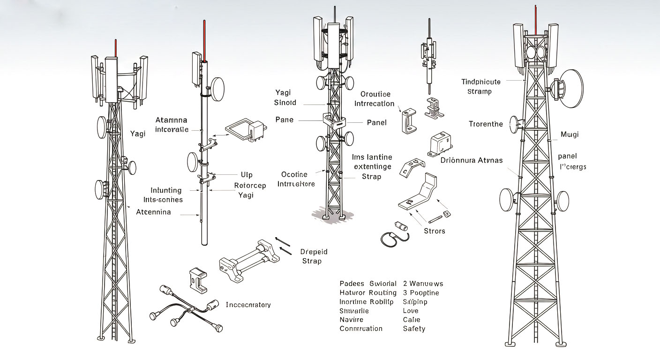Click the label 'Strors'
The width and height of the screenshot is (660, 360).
435,231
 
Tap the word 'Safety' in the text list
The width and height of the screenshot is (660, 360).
414,329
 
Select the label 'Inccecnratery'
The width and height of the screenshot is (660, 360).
248,305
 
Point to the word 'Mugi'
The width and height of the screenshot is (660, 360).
570,135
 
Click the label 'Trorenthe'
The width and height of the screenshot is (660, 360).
486,124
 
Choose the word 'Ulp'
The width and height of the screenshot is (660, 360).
247,175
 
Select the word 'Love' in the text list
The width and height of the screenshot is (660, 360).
411,311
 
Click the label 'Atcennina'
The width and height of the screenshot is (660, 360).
153,212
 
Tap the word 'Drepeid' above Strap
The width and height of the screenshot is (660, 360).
314,252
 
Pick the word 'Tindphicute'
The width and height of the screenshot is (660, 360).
481,82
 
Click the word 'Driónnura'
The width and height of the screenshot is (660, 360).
457,160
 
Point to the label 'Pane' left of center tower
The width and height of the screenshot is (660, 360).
285,120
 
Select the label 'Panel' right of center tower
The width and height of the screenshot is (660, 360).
376,123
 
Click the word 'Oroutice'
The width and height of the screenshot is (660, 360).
375,94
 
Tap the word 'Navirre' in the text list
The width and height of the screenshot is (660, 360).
352,320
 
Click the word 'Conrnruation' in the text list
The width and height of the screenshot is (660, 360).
361,329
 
